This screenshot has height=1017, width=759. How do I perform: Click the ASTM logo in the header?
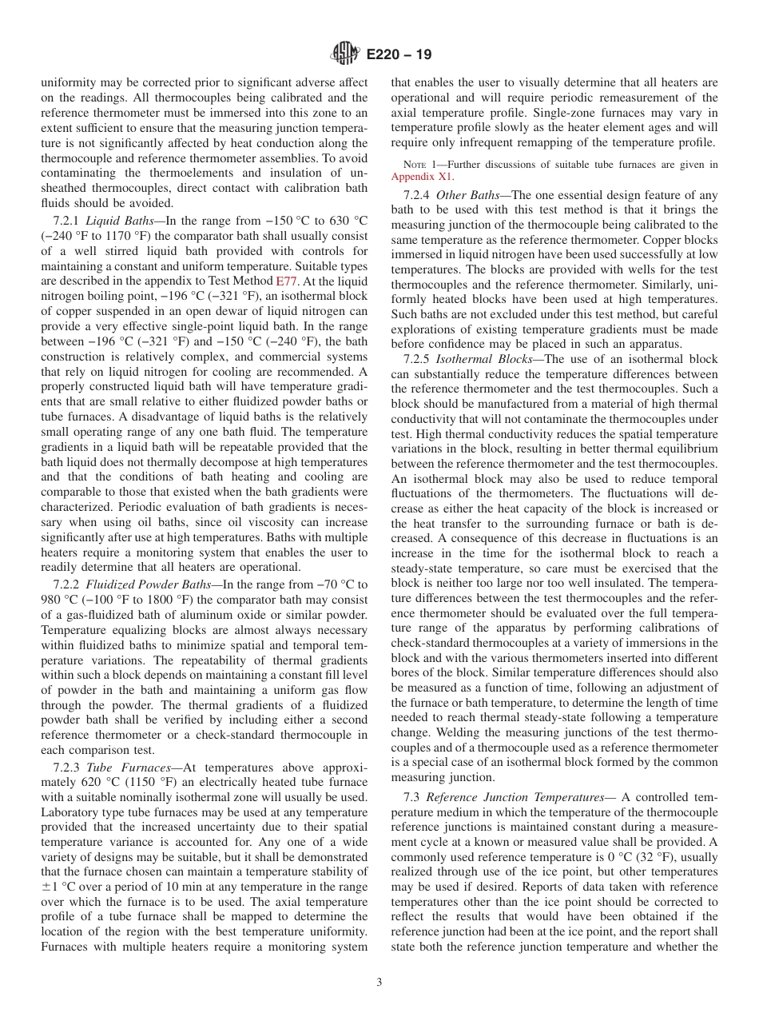(345, 54)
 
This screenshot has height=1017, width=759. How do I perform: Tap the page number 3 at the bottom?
(379, 983)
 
